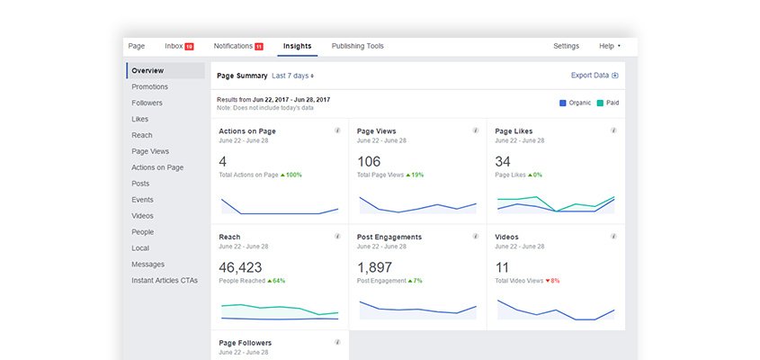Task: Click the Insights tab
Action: click(297, 46)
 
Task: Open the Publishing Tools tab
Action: click(357, 46)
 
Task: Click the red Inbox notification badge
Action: click(189, 47)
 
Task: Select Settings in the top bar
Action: click(566, 46)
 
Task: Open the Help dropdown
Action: click(609, 46)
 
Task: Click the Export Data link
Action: click(595, 76)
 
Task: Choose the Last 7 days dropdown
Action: click(293, 76)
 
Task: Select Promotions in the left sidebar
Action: click(149, 86)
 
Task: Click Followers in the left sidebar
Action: click(147, 103)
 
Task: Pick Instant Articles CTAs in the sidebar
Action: click(164, 281)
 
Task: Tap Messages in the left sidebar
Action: click(148, 265)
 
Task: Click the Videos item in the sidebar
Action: click(142, 216)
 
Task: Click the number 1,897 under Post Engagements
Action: click(374, 267)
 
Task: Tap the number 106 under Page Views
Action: click(369, 162)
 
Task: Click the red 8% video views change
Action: click(554, 281)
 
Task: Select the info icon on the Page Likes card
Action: click(613, 130)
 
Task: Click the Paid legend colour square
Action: click(599, 103)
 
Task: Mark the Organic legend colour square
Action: click(563, 103)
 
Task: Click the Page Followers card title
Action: click(245, 343)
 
